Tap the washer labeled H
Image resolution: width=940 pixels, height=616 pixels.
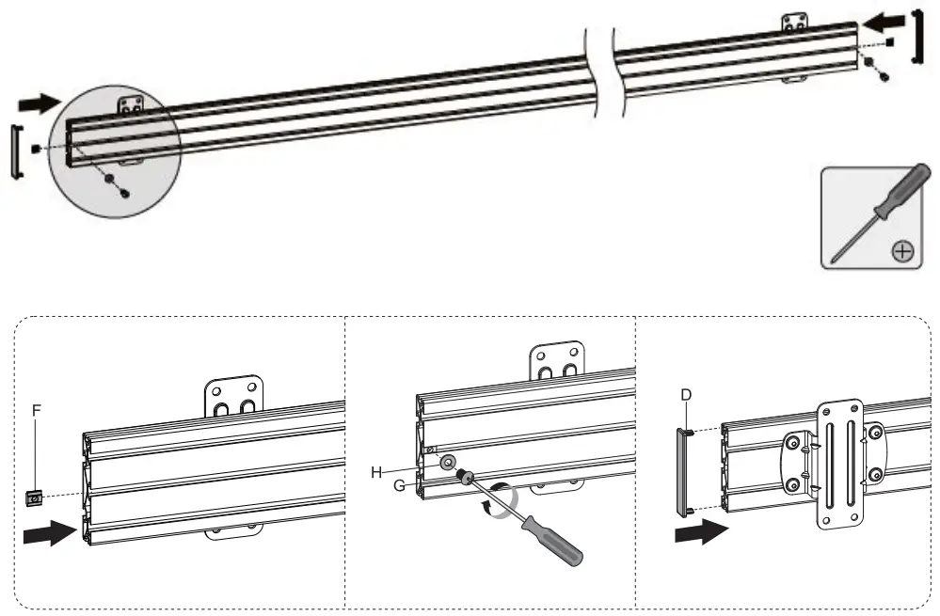click(447, 463)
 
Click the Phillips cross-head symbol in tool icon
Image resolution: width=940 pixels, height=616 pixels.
click(902, 250)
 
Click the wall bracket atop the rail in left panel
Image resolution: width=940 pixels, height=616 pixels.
click(234, 399)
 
